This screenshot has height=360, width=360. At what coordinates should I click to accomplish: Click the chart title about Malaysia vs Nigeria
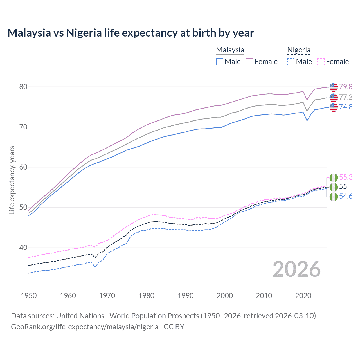coord(130,33)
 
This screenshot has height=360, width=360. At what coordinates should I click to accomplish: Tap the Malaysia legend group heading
coord(230,50)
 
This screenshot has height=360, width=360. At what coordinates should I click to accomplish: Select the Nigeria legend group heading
coord(299,50)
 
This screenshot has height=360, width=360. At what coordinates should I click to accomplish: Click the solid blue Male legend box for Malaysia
coord(220,62)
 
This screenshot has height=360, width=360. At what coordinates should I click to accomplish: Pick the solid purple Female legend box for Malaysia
coord(249,62)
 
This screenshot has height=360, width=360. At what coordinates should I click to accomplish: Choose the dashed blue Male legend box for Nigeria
coord(291,62)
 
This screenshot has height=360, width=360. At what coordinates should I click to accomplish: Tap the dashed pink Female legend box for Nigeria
coord(321,62)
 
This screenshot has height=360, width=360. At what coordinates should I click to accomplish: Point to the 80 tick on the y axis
coord(23,87)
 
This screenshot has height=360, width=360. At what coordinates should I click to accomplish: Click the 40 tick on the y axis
coord(23,248)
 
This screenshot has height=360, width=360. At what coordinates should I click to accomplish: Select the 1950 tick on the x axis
coord(29,296)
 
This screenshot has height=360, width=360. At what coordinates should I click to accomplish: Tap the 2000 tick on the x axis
coord(225,296)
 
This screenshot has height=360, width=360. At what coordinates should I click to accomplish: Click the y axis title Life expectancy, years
coord(12,180)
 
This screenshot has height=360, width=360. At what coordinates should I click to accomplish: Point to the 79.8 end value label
coord(346,87)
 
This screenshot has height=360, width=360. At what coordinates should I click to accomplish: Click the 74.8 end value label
coord(346,107)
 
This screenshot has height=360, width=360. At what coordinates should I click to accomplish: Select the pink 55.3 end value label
coord(346,177)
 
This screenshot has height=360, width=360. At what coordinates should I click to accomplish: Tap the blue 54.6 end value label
coord(346,196)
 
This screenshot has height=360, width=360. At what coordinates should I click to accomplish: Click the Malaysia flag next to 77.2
coord(334,97)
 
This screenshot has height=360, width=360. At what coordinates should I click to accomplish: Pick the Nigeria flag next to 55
coord(334,187)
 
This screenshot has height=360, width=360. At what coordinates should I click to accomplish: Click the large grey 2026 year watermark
coord(296,269)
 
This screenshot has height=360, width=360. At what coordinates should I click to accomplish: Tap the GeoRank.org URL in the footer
coord(85,327)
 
